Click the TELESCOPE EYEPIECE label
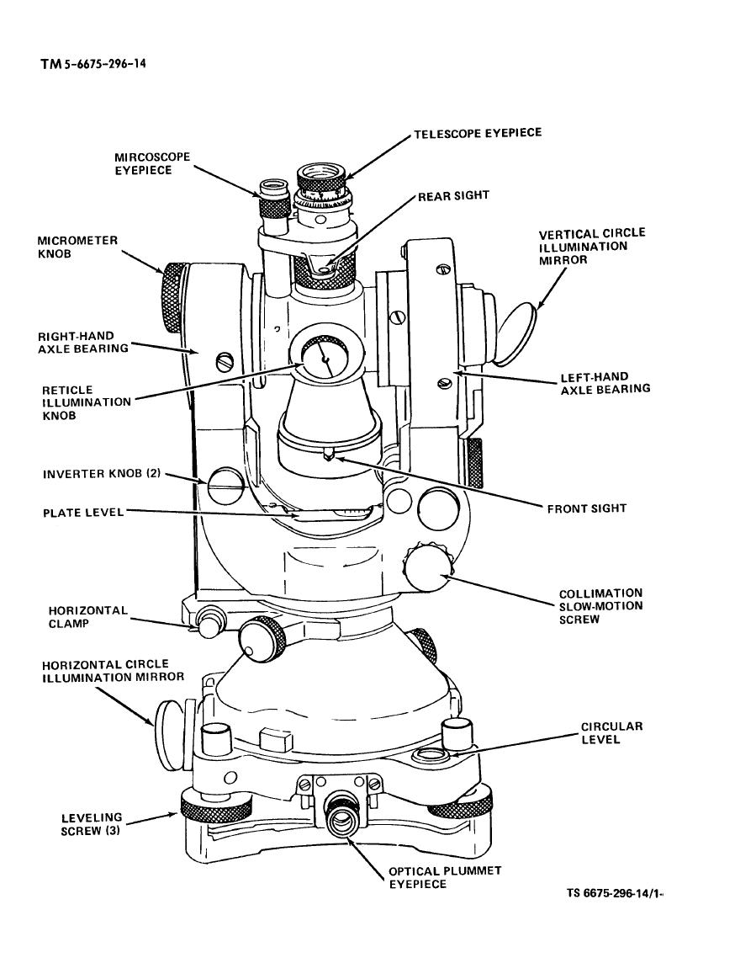pyautogui.click(x=477, y=133)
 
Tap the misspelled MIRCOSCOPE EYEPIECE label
pyautogui.click(x=153, y=163)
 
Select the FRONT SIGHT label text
pyautogui.click(x=587, y=508)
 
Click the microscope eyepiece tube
pyautogui.click(x=272, y=202)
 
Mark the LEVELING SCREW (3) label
pyautogui.click(x=92, y=824)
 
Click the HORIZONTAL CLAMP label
pyautogui.click(x=87, y=617)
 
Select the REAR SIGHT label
pyautogui.click(x=453, y=195)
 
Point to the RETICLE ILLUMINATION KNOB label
pyautogui.click(x=87, y=402)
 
